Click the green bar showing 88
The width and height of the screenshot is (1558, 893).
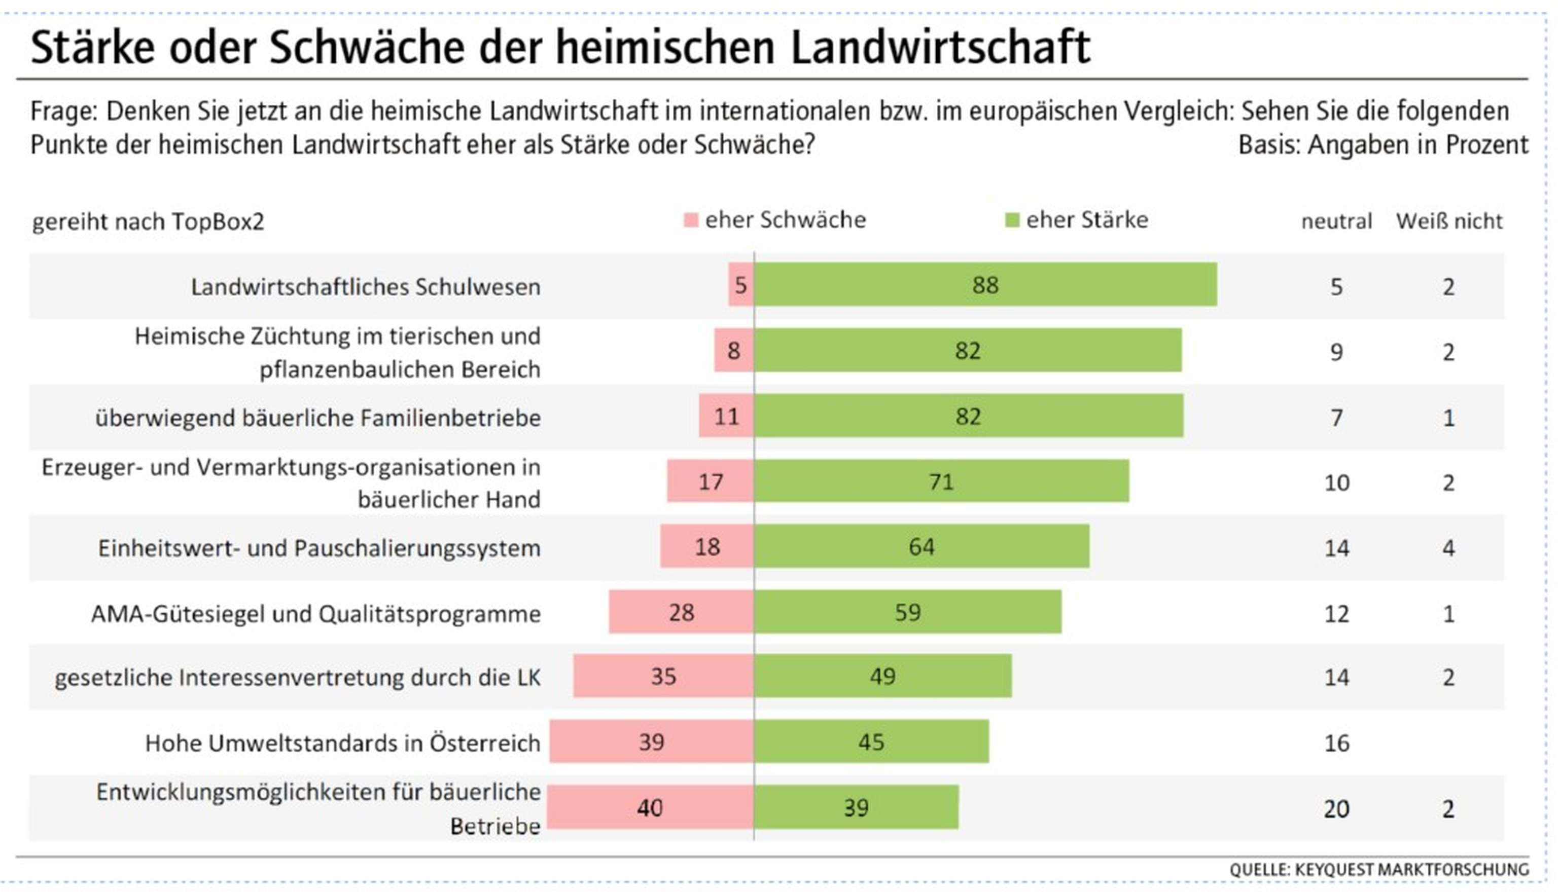[x=985, y=285]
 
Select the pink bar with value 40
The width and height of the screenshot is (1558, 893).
[x=650, y=807]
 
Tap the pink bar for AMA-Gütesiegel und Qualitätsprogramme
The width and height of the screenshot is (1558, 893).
[x=681, y=612]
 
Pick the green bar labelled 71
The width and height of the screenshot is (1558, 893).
[x=941, y=481]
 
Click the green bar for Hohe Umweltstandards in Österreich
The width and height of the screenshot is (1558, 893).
[x=871, y=742]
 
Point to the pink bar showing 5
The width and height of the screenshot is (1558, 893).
[x=740, y=285]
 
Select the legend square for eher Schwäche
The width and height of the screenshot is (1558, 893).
[x=691, y=220]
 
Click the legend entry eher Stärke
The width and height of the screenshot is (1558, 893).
[x=1086, y=220]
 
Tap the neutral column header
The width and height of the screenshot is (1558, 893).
[x=1336, y=221]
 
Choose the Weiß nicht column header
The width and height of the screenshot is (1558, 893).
[x=1449, y=221]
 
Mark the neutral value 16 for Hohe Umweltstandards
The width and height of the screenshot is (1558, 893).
[x=1336, y=743]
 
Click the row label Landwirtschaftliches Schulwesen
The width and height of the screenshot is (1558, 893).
[x=365, y=287]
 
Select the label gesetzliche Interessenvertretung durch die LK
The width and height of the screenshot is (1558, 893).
[x=298, y=678]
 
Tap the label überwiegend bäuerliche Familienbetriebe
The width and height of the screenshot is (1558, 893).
[x=318, y=418]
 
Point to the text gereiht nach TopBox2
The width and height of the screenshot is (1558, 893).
[x=148, y=221]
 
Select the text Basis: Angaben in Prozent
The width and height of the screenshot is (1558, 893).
[x=1383, y=145]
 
